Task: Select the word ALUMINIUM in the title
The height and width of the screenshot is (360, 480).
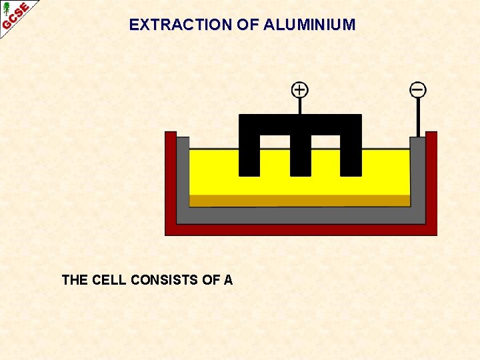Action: click(x=309, y=25)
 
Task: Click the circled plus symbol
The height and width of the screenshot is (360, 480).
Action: click(x=300, y=89)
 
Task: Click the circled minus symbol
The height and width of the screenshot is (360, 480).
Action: click(x=418, y=89)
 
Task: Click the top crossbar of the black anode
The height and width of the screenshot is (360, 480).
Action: click(x=300, y=124)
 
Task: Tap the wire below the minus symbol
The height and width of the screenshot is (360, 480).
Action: click(x=418, y=117)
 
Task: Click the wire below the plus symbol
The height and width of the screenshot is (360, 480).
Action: click(x=300, y=106)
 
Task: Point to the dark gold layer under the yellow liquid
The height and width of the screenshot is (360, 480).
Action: click(x=299, y=201)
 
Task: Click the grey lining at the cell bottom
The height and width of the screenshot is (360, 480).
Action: click(x=300, y=215)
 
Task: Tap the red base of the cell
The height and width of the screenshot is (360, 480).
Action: click(x=301, y=229)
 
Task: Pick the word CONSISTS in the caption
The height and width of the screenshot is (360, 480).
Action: click(x=165, y=280)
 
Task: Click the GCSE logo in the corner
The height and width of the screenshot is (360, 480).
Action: click(x=15, y=16)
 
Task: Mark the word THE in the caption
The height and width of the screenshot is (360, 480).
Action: click(x=75, y=280)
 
